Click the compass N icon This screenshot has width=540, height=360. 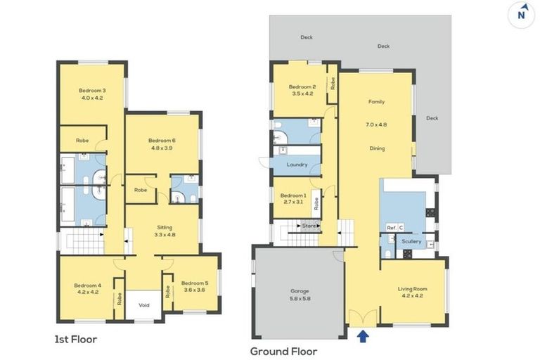521,15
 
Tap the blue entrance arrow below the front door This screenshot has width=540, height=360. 363,336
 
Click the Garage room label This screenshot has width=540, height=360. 300,291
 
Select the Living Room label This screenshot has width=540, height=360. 412,289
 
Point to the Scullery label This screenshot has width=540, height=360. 411,241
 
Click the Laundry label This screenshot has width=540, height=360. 297,165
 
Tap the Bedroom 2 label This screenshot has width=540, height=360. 302,86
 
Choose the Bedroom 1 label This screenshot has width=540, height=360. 293,195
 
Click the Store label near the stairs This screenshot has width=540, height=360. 309,226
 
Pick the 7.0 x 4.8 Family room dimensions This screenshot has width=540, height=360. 376,124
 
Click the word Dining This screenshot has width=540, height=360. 377,148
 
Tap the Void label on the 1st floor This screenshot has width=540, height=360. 144,305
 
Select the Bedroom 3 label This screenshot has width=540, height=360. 92,91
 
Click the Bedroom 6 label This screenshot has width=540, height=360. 162,141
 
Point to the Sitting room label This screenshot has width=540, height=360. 165,227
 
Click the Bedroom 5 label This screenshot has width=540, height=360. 195,283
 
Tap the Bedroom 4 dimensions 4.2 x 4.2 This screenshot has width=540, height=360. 88,292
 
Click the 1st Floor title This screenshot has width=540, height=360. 76,340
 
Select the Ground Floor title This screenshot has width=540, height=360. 283,352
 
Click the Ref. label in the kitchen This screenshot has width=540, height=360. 392,228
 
